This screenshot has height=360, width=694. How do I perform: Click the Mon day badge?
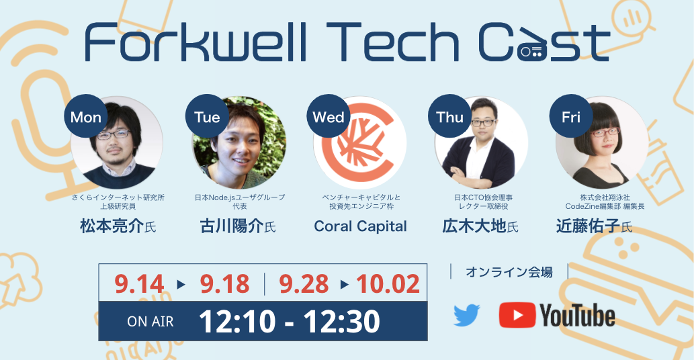tap(86, 116)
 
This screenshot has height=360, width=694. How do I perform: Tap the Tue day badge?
tap(207, 116)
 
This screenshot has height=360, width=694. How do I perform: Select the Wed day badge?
tap(329, 116)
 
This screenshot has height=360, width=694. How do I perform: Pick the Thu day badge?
tap(449, 116)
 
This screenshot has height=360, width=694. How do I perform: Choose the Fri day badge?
tap(571, 116)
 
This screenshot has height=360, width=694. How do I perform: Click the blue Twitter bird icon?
tap(467, 315)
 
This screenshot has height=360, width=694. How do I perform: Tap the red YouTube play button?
tap(517, 315)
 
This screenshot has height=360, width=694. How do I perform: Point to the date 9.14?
tap(139, 284)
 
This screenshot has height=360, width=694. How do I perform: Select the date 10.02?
tap(388, 284)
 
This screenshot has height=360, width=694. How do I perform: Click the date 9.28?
tap(304, 284)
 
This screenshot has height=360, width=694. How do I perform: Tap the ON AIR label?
tap(150, 322)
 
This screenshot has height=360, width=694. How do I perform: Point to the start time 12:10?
tap(237, 322)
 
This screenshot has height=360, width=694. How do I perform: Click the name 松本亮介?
tap(112, 226)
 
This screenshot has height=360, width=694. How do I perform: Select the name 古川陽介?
tap(232, 226)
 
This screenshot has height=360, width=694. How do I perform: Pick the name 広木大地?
tap(474, 226)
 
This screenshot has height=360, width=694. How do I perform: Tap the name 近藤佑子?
tap(589, 226)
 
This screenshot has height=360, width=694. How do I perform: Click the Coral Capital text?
tap(360, 226)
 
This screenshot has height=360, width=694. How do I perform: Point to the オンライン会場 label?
tap(509, 271)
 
